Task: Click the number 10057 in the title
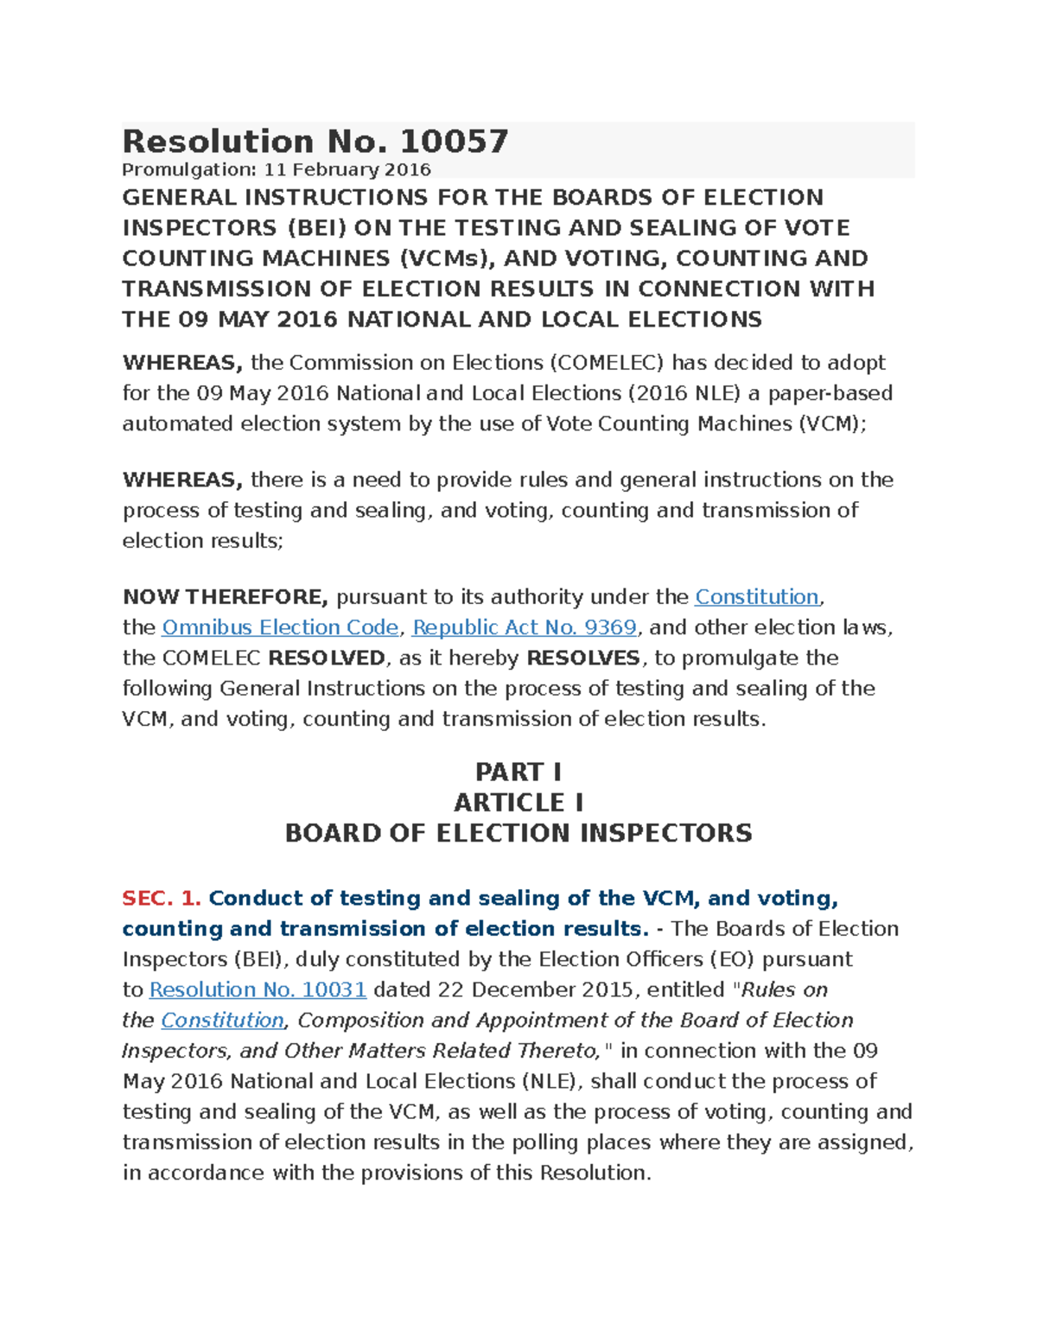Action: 455,142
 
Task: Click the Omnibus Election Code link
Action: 280,627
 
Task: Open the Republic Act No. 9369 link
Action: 525,627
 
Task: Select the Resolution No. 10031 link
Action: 258,989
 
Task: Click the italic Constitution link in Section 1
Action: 222,1021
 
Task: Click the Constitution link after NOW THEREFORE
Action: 756,597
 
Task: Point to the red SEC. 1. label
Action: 162,899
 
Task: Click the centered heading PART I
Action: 518,772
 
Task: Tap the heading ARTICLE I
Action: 518,803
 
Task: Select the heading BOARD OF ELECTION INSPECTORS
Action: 518,833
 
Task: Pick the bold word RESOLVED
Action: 327,658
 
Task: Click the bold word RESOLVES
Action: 583,658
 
